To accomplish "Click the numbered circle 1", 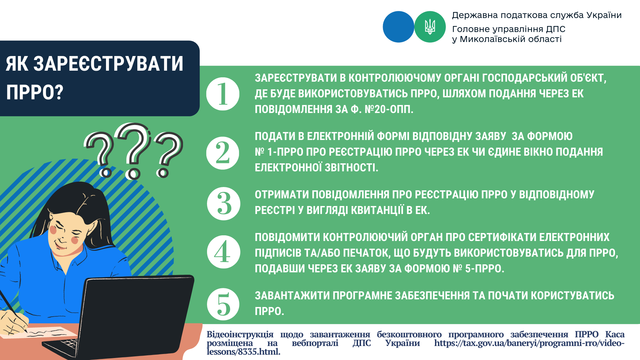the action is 223,94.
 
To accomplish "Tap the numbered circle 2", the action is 223,153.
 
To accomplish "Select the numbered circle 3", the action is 223,204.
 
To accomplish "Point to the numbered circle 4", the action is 223,252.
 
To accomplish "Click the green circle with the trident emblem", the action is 430,27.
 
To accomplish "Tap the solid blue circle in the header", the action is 398,27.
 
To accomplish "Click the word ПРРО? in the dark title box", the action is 35,92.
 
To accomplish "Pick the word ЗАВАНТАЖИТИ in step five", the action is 292,296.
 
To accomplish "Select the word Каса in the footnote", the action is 615,334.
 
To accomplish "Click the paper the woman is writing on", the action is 50,332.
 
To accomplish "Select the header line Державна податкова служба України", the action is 537,15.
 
